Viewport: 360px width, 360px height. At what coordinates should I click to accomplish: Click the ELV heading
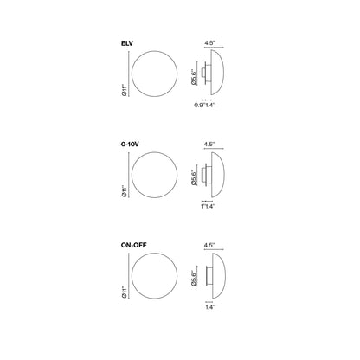point(127,43)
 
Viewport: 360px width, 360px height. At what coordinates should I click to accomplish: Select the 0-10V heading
point(130,145)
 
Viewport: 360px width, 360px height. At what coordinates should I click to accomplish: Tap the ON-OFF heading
point(133,245)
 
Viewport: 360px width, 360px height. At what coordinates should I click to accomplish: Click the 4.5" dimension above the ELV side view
point(210,43)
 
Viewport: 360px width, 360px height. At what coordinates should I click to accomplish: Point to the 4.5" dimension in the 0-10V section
point(209,144)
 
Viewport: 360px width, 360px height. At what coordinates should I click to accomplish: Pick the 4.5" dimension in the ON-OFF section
point(209,245)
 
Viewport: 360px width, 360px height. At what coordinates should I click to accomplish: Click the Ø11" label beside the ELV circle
point(125,90)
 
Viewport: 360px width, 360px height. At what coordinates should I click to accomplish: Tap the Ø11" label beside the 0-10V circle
point(125,191)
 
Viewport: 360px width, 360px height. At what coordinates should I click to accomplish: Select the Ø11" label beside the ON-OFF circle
point(125,292)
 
